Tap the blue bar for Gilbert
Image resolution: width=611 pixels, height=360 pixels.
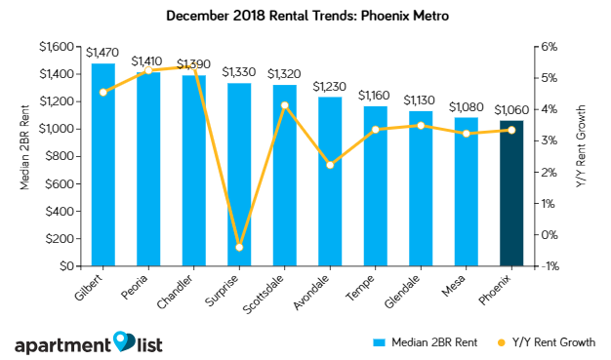(x=103, y=166)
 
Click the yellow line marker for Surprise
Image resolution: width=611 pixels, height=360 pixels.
(x=239, y=247)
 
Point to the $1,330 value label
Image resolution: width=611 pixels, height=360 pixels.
(x=239, y=72)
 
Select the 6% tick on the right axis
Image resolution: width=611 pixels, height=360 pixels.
(x=548, y=47)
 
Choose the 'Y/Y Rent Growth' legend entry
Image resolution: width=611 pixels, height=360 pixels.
(x=547, y=342)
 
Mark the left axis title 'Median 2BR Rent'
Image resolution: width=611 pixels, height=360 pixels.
(x=26, y=156)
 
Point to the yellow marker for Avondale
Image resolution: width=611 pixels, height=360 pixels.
(x=330, y=165)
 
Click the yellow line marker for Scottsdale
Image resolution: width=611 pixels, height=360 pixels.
(x=284, y=105)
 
